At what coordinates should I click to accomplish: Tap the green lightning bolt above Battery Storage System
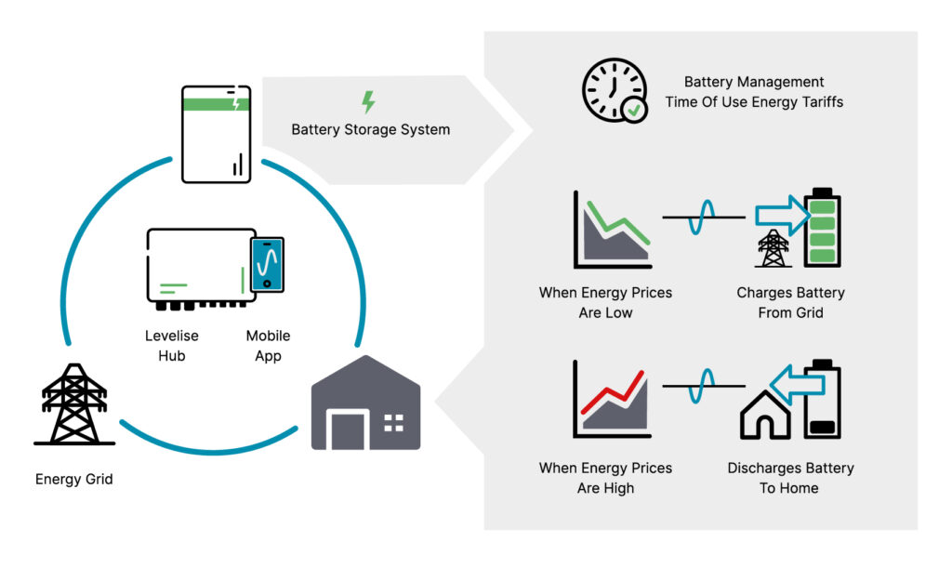click(369, 101)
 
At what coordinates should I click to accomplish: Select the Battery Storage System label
click(371, 129)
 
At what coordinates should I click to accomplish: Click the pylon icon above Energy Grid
click(75, 405)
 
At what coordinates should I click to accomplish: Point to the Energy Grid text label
click(74, 480)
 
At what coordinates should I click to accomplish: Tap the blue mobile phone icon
click(267, 262)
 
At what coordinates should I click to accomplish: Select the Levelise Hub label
click(172, 345)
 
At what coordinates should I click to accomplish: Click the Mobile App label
click(268, 345)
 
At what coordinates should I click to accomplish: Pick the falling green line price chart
click(613, 231)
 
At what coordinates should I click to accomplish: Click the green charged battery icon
click(822, 229)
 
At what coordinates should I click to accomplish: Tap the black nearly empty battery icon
click(822, 399)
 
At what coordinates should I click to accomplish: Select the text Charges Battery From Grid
click(790, 302)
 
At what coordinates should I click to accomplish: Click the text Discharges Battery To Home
click(790, 477)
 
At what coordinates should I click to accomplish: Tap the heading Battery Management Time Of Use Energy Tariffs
click(754, 92)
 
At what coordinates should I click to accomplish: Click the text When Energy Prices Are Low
click(605, 302)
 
